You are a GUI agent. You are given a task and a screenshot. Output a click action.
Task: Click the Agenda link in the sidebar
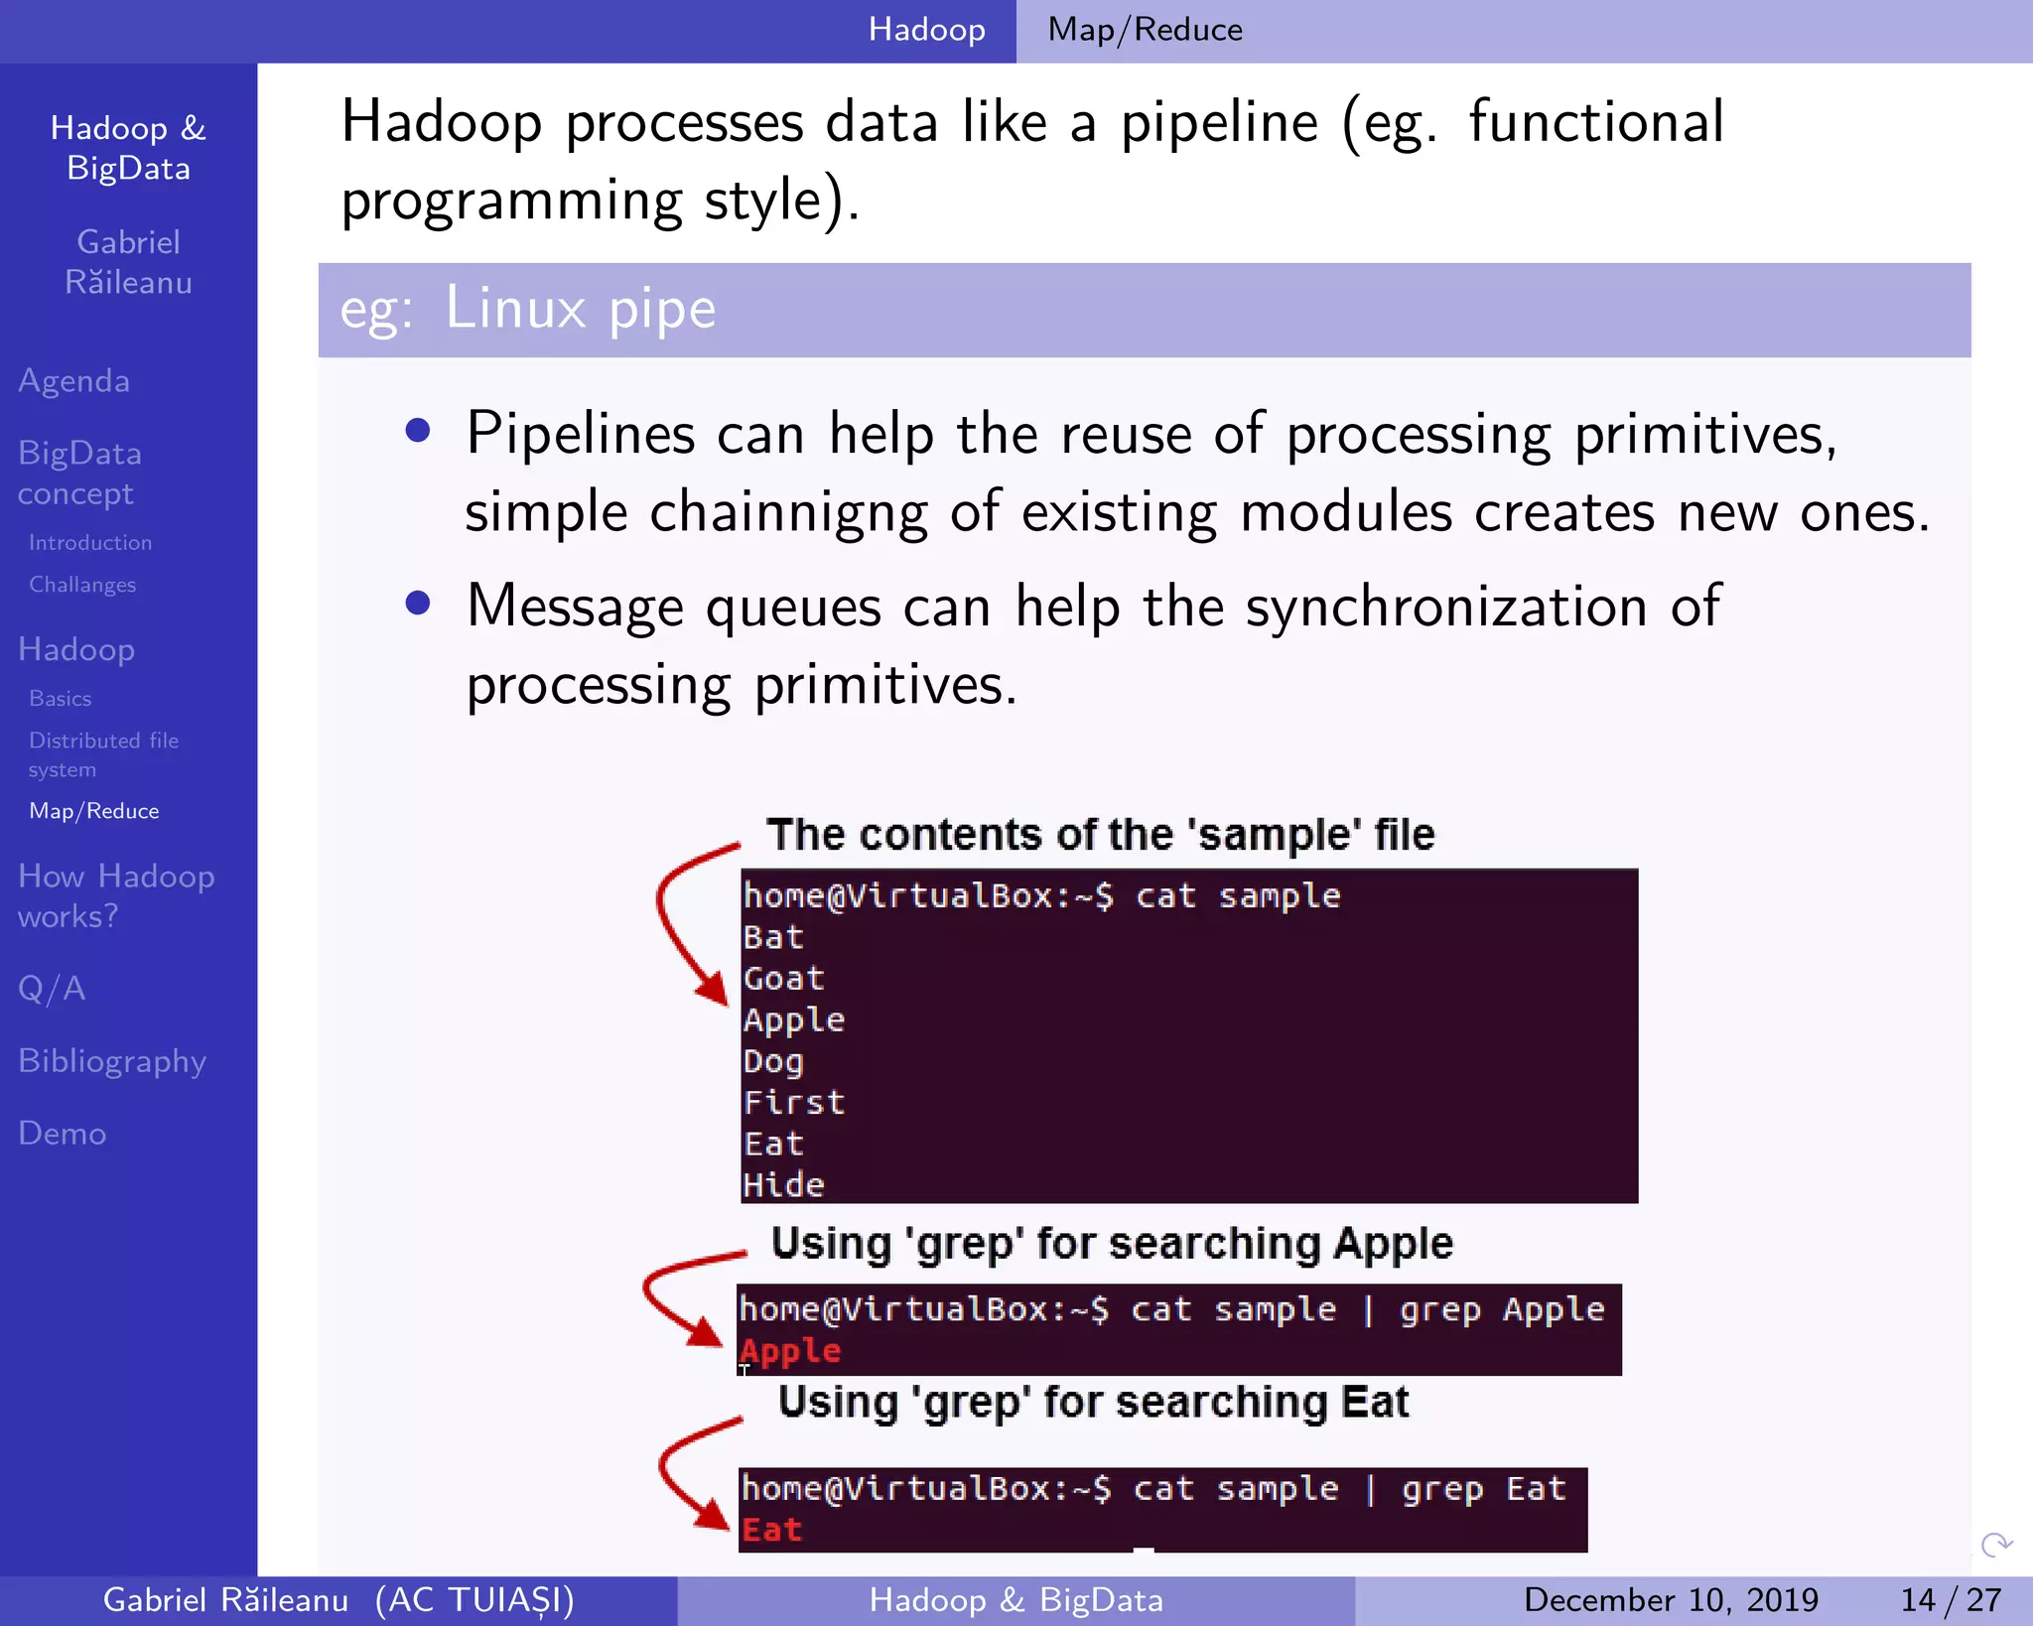point(74,381)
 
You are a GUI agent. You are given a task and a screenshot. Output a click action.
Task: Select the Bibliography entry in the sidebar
point(112,1061)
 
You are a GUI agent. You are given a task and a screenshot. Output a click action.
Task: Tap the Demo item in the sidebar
point(63,1134)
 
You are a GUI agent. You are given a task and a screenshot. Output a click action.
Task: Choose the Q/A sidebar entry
point(52,989)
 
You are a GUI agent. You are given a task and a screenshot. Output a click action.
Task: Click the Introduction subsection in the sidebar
point(90,543)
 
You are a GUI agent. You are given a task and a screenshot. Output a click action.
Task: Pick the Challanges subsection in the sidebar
point(82,585)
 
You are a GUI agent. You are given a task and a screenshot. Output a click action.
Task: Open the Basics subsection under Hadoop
point(61,699)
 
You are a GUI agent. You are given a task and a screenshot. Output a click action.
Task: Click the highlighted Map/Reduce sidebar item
point(94,811)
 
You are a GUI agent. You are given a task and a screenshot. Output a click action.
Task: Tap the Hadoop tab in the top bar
point(926,30)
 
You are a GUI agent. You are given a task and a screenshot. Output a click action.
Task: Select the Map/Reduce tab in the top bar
point(1145,30)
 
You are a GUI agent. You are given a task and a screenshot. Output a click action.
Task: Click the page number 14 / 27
point(1950,1600)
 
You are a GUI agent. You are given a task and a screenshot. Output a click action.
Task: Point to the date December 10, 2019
point(1671,1600)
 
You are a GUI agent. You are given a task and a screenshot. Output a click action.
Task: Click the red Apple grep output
point(791,1351)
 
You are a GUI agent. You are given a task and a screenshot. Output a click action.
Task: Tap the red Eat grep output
point(772,1530)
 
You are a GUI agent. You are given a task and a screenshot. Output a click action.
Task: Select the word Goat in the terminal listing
point(784,979)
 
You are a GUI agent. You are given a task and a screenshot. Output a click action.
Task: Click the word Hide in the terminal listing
point(784,1185)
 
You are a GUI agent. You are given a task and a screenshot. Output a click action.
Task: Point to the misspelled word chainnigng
point(788,514)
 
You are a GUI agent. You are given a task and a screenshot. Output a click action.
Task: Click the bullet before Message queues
point(418,604)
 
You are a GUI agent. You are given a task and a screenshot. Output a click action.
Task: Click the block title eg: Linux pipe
point(527,309)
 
